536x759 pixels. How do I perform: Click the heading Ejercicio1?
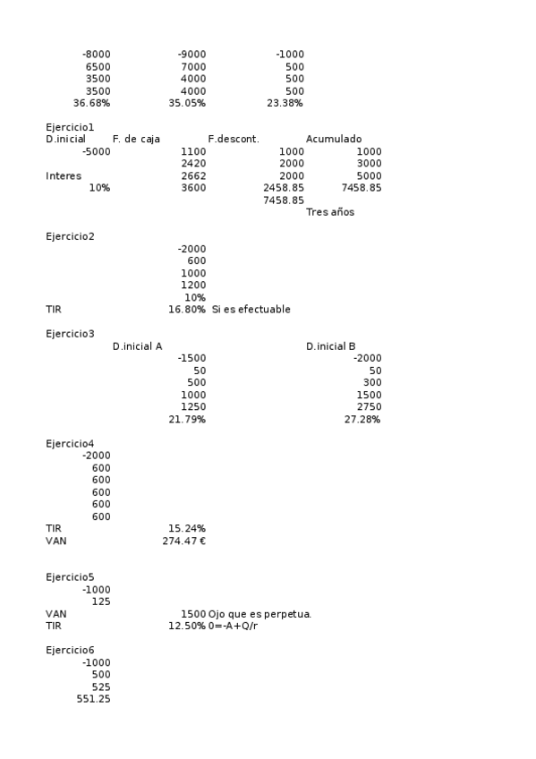[70, 127]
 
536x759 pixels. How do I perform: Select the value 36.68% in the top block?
[91, 103]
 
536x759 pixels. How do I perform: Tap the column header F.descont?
[233, 139]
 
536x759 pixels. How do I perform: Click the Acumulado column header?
[334, 139]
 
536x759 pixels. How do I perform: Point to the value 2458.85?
[284, 188]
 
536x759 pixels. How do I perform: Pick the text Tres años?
[330, 212]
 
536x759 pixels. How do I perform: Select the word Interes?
[64, 175]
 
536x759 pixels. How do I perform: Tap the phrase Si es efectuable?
[251, 310]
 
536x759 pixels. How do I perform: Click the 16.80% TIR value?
[187, 310]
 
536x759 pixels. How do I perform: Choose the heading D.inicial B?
[331, 346]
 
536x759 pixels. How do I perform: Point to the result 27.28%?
[362, 419]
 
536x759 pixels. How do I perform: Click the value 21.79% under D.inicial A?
[187, 419]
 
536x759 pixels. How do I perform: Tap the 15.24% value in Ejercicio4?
[187, 528]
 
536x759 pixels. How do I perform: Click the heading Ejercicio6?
[70, 650]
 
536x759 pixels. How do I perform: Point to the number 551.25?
[94, 698]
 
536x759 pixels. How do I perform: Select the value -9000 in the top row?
[191, 55]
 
